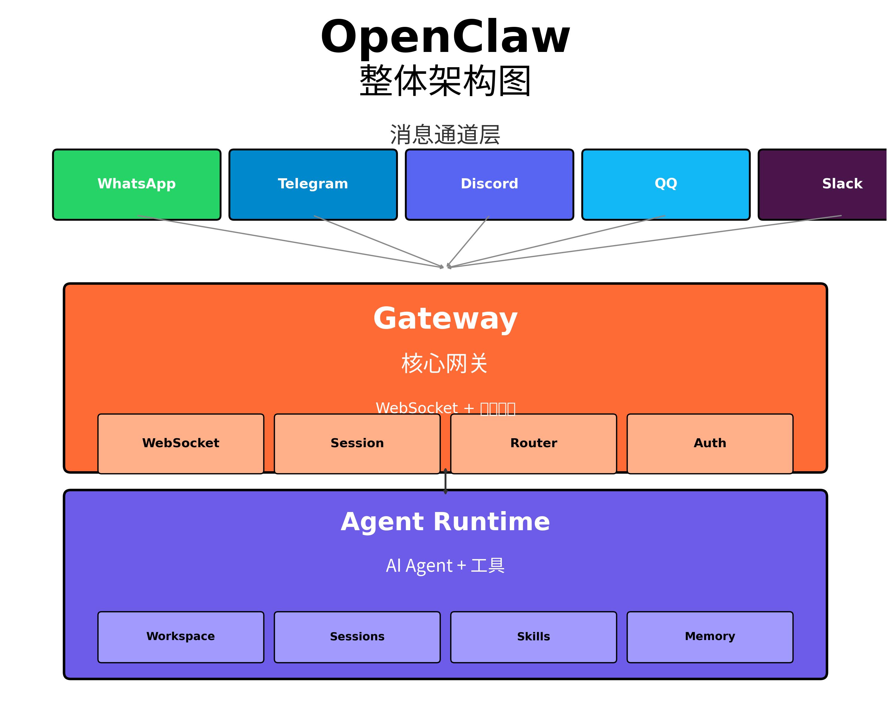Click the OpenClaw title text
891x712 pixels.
(445, 37)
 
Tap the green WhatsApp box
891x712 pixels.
(137, 184)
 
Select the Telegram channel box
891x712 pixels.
(313, 184)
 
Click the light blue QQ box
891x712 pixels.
(666, 184)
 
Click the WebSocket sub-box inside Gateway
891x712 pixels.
(181, 443)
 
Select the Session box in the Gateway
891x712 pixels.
(357, 443)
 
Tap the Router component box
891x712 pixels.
(533, 443)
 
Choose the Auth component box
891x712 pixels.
(710, 443)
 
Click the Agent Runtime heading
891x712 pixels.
(445, 522)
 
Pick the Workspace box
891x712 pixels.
(181, 637)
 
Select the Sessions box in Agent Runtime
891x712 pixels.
(357, 637)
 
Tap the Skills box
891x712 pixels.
(533, 637)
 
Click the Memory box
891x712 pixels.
(710, 637)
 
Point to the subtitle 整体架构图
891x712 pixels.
(445, 81)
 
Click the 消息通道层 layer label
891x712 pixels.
(445, 135)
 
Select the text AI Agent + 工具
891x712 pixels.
(445, 566)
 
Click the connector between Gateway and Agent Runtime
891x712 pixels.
(445, 482)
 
